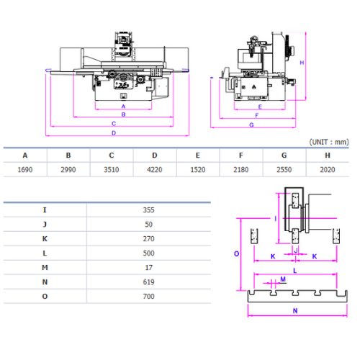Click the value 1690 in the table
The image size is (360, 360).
click(25, 170)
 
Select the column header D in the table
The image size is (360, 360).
click(155, 156)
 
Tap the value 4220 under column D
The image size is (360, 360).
click(155, 170)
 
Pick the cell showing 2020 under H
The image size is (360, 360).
click(328, 170)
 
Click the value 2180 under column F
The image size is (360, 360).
click(241, 170)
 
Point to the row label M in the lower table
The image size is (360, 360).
click(45, 267)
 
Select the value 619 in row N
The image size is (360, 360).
click(148, 282)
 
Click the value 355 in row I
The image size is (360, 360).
click(148, 210)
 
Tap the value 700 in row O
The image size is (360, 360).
click(148, 297)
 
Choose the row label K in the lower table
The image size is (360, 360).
click(45, 239)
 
